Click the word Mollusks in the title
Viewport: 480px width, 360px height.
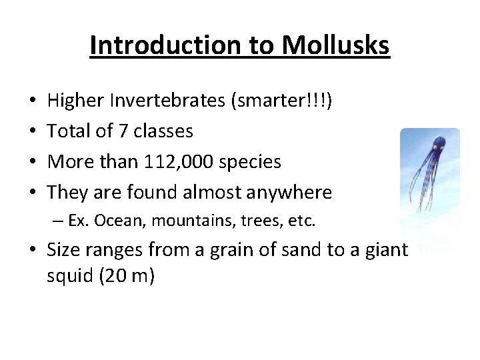(x=335, y=45)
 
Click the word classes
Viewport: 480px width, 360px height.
(x=163, y=131)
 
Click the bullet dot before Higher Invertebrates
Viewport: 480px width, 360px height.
(x=33, y=101)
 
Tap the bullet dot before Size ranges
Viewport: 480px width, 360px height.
(x=33, y=251)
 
